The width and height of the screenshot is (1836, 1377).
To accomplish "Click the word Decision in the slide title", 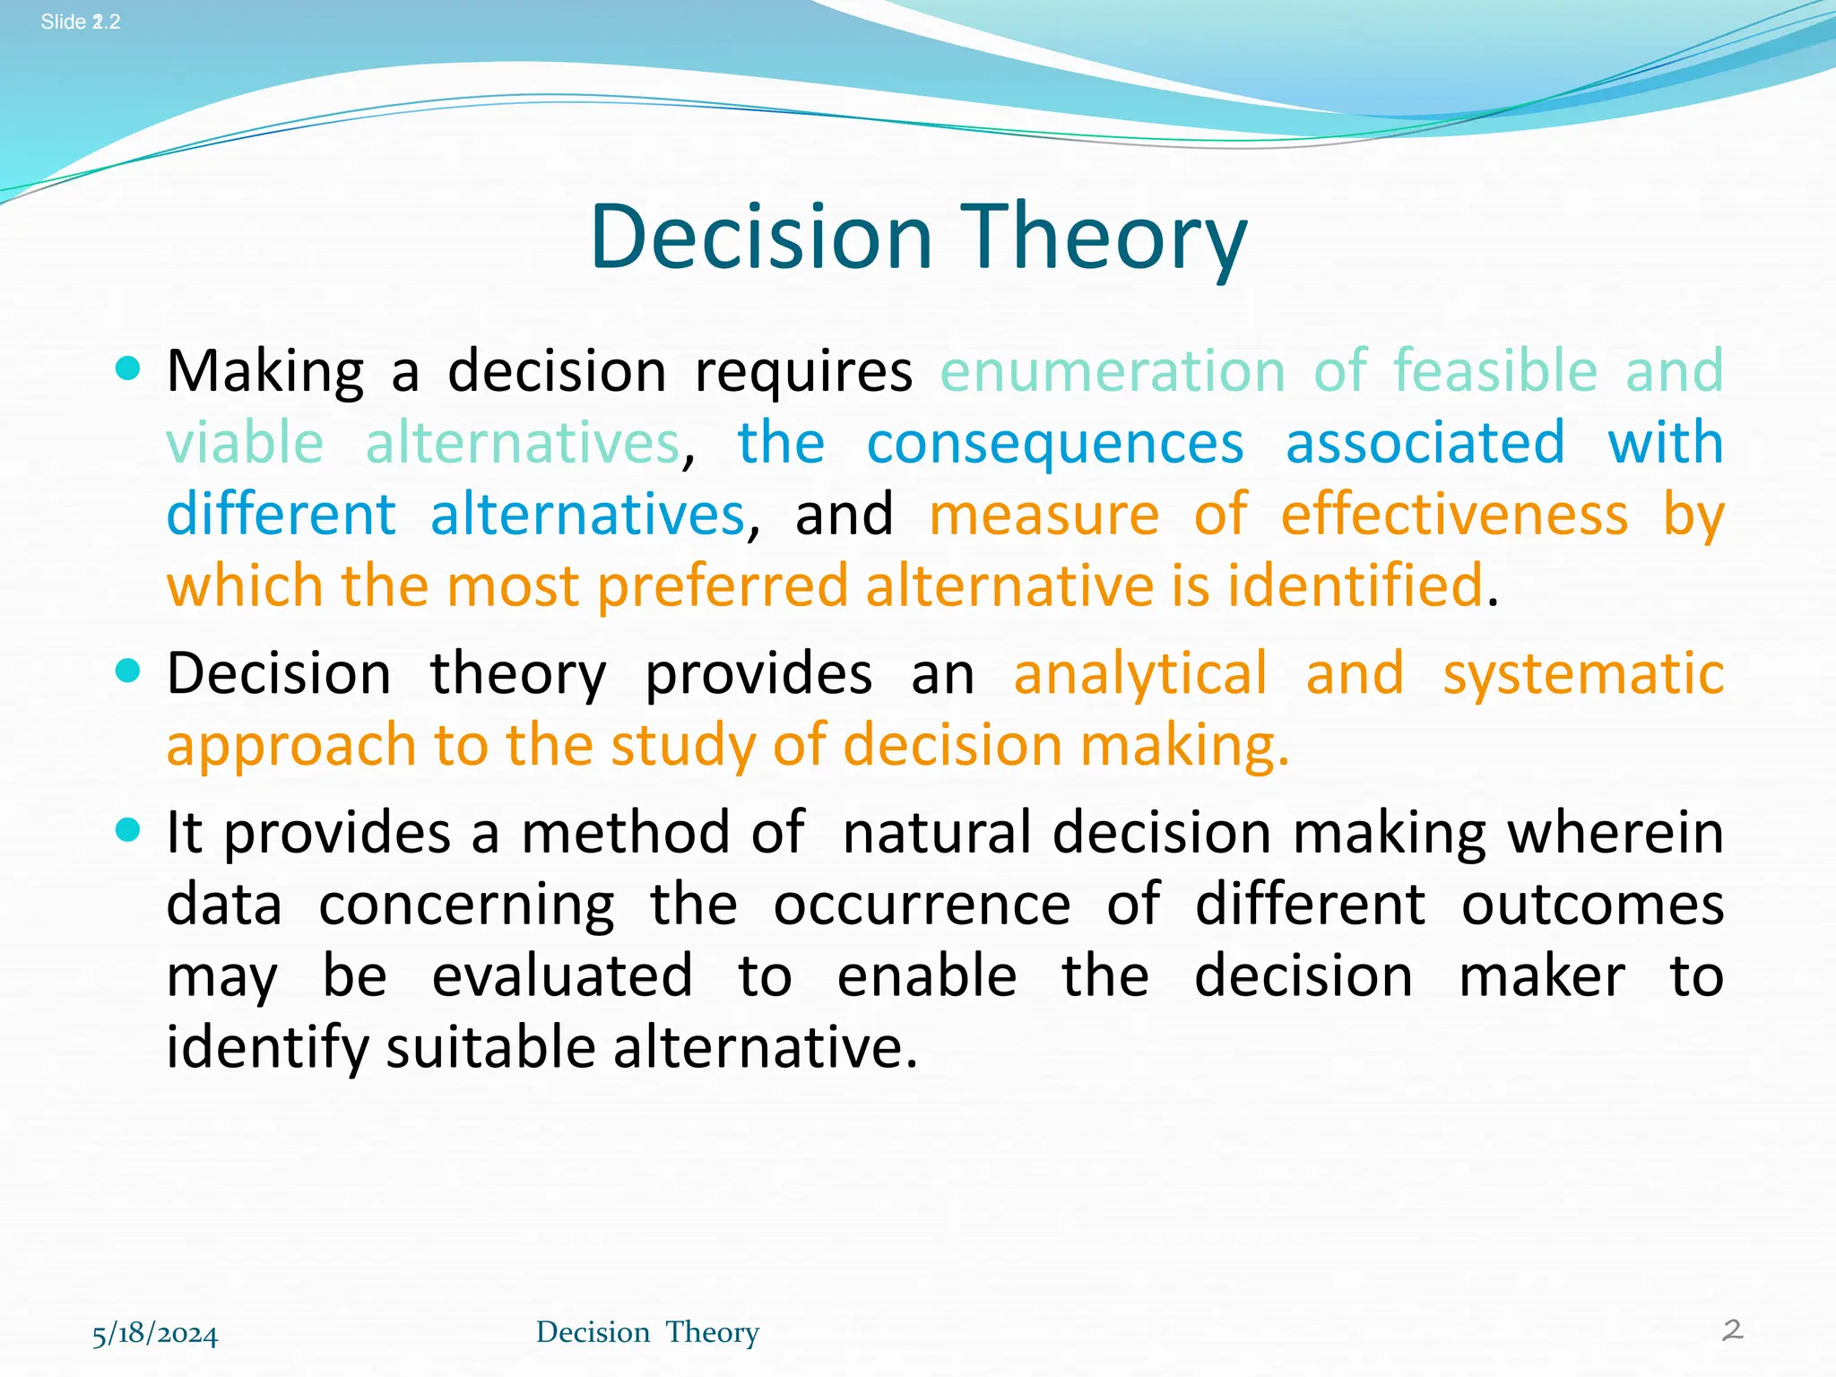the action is pyautogui.click(x=762, y=237).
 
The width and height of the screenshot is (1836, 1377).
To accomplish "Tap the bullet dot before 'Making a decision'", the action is pyautogui.click(x=128, y=368).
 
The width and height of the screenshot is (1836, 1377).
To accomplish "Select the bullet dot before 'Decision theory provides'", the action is pyautogui.click(x=128, y=671).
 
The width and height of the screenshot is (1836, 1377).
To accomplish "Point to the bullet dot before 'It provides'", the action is pyautogui.click(x=128, y=830).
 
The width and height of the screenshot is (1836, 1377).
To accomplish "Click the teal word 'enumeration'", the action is pyautogui.click(x=1113, y=370).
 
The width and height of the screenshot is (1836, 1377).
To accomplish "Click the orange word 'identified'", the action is pyautogui.click(x=1355, y=585).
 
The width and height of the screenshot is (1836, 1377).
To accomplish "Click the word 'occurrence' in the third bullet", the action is pyautogui.click(x=922, y=904).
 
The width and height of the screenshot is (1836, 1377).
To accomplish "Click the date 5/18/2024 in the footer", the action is pyautogui.click(x=155, y=1333).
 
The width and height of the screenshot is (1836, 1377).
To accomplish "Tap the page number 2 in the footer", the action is pyautogui.click(x=1732, y=1329).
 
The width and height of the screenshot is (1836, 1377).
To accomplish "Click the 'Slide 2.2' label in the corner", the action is pyautogui.click(x=81, y=22).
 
